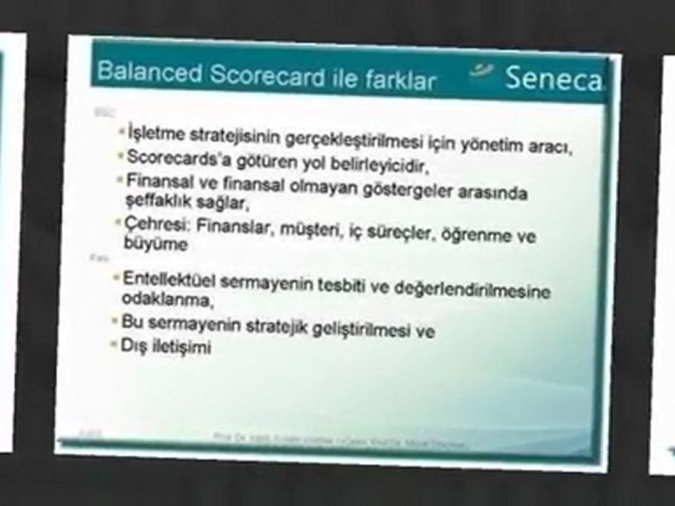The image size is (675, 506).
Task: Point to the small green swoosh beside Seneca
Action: (482, 70)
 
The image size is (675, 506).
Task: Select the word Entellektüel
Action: (169, 278)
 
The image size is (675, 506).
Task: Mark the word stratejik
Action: (290, 328)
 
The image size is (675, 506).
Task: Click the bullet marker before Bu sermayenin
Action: (115, 320)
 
